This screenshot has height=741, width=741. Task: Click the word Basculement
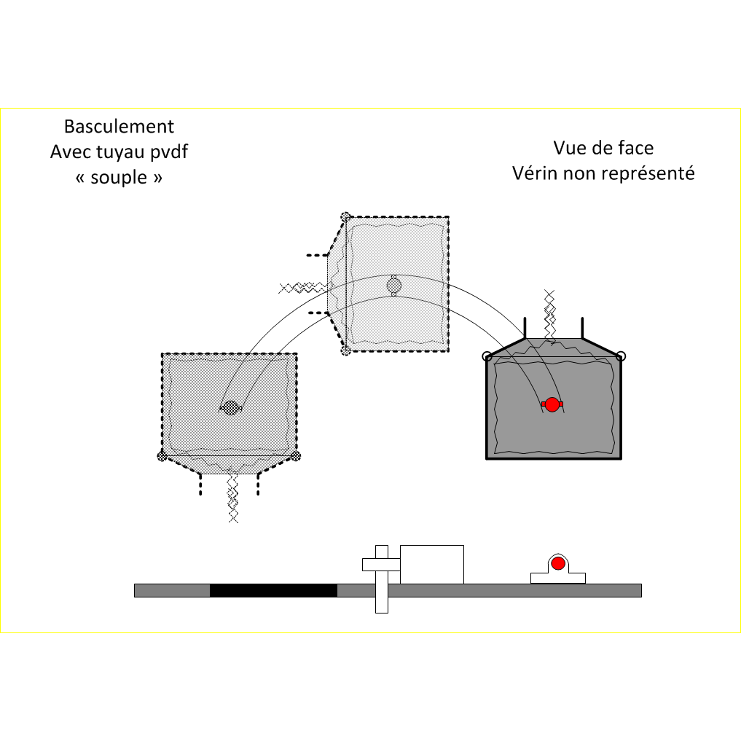click(119, 127)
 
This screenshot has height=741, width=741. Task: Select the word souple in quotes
click(119, 177)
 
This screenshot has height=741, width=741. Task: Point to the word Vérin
click(536, 173)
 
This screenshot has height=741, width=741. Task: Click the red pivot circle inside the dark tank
click(552, 404)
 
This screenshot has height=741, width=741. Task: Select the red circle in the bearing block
click(558, 563)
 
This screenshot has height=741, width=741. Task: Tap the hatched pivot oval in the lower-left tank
click(231, 408)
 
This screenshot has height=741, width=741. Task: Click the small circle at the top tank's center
click(393, 284)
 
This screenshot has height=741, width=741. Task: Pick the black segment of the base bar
click(273, 590)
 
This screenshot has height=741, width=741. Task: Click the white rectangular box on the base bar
click(432, 564)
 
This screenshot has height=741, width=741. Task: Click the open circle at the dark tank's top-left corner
click(487, 356)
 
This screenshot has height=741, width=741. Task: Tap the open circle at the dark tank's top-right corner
click(621, 356)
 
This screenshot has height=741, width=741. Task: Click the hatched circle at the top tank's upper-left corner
click(345, 216)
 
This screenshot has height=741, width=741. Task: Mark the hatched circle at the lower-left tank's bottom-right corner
click(295, 456)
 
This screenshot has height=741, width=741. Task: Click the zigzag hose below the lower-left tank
click(232, 499)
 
